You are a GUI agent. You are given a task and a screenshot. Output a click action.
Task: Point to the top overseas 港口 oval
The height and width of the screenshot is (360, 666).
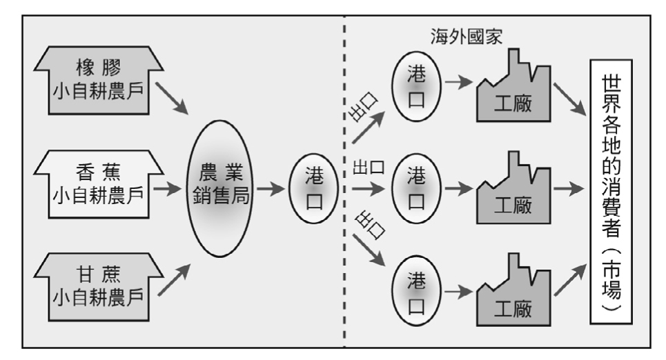pyautogui.click(x=417, y=86)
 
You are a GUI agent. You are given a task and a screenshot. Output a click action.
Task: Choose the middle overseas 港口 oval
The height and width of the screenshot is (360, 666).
pyautogui.click(x=417, y=187)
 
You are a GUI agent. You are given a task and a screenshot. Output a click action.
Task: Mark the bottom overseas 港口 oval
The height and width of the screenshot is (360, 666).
pyautogui.click(x=417, y=290)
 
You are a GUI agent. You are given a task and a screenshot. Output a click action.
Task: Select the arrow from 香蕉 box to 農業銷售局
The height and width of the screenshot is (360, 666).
pyautogui.click(x=166, y=187)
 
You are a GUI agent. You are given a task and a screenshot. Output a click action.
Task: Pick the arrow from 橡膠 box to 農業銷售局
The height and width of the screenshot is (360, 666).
pyautogui.click(x=172, y=99)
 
